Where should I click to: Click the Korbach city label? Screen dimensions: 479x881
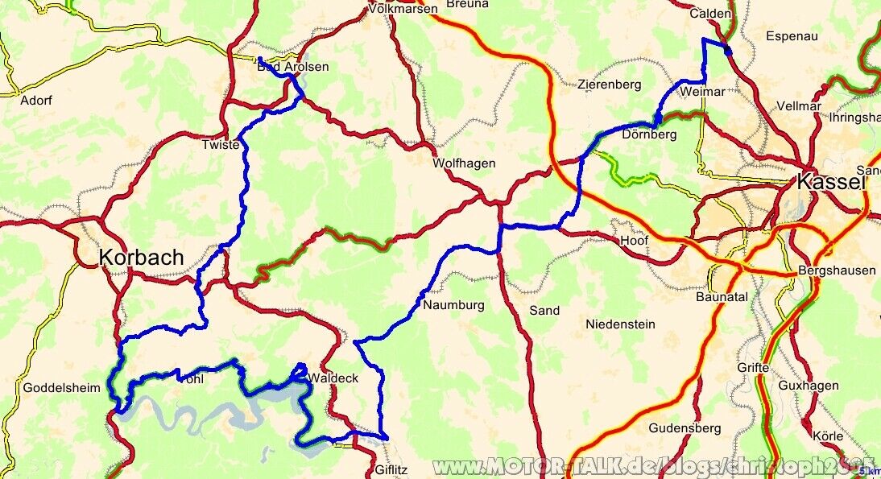pyautogui.click(x=141, y=258)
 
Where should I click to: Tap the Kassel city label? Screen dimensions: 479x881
pyautogui.click(x=831, y=183)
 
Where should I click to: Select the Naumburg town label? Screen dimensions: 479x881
pyautogui.click(x=453, y=305)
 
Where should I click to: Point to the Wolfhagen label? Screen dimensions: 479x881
pyautogui.click(x=464, y=163)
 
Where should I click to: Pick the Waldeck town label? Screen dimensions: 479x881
pyautogui.click(x=333, y=378)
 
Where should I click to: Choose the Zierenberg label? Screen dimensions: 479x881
pyautogui.click(x=609, y=85)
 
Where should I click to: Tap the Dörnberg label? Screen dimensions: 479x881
pyautogui.click(x=649, y=134)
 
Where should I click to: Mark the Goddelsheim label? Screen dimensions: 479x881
pyautogui.click(x=62, y=387)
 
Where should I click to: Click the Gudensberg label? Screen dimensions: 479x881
pyautogui.click(x=685, y=428)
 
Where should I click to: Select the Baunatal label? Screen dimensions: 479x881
pyautogui.click(x=722, y=297)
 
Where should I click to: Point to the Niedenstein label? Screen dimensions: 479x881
pyautogui.click(x=620, y=324)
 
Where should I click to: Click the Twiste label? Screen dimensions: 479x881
pyautogui.click(x=221, y=145)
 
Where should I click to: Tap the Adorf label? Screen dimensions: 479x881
pyautogui.click(x=36, y=101)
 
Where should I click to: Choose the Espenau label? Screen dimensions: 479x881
pyautogui.click(x=792, y=36)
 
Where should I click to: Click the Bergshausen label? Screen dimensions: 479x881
pyautogui.click(x=838, y=270)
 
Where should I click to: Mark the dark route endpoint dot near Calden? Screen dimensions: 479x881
pyautogui.click(x=728, y=52)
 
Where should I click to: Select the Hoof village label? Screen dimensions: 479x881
pyautogui.click(x=635, y=241)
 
